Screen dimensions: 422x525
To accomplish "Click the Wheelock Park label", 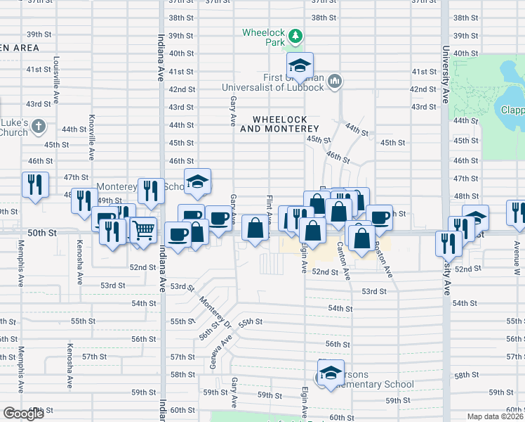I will coord(263,37).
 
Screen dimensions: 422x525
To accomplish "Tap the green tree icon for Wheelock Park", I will coord(296,34).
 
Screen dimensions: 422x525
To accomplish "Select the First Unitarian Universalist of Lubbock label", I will coord(274,82).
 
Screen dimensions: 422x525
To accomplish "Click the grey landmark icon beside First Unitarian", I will coord(335,82).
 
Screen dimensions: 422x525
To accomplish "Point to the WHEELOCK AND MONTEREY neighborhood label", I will coord(279,124).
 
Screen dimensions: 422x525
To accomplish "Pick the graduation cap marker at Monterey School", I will coord(198,181).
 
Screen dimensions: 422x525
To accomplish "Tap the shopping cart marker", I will coord(143,229).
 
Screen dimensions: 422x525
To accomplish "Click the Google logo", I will coord(23,413).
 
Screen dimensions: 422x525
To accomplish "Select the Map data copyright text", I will coord(496,416).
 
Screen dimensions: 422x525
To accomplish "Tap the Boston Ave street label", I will coord(382,252).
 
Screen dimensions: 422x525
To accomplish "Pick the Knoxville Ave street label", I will coord(91,137).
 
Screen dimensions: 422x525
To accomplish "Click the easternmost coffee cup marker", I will coord(379,217).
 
